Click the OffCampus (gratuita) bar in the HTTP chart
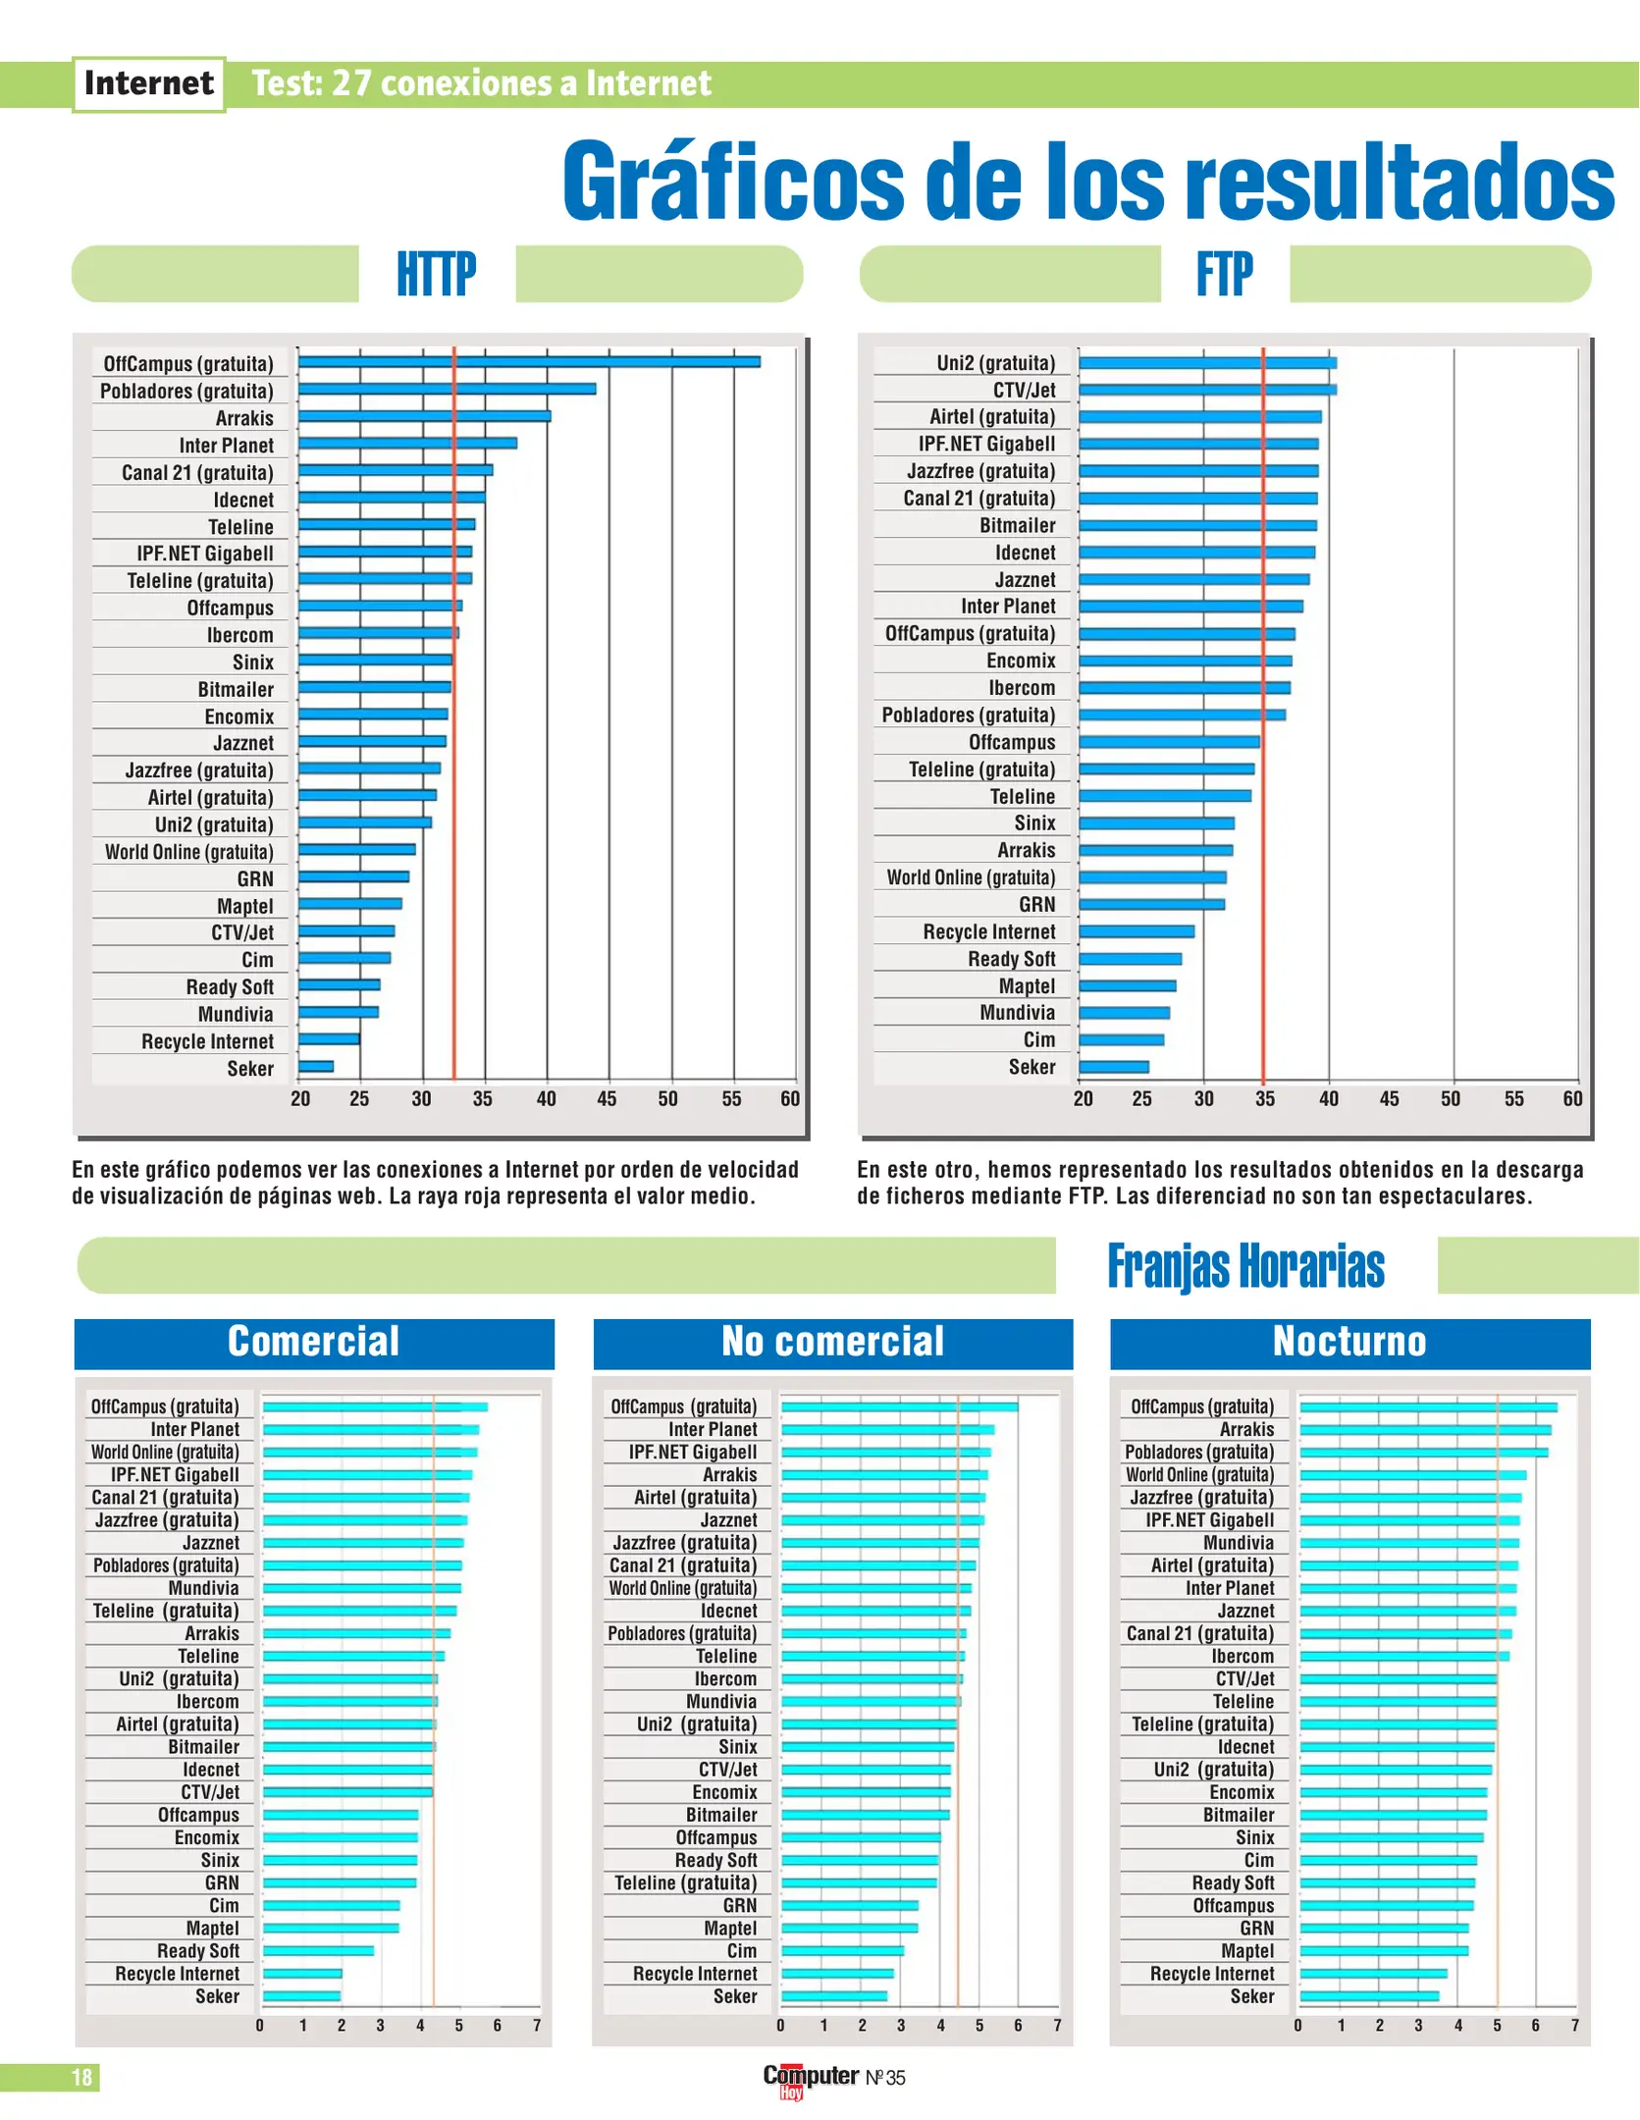(529, 362)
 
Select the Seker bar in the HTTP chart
(316, 1066)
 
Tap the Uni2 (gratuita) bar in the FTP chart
(1207, 363)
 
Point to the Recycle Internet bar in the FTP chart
(1137, 930)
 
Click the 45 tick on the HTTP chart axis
(607, 1098)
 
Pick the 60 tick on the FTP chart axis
(1572, 1098)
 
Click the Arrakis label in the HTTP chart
(244, 418)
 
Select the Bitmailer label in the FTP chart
(1017, 525)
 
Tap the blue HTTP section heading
(437, 274)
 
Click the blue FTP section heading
(1224, 274)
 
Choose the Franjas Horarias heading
(1245, 1266)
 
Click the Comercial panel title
(314, 1342)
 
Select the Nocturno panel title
(1349, 1342)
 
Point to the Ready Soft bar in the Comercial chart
(318, 1950)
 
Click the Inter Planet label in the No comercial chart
(713, 1429)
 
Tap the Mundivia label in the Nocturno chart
(1238, 1543)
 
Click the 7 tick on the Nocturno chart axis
(1574, 2025)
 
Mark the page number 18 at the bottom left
(81, 2077)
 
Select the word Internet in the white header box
(149, 83)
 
